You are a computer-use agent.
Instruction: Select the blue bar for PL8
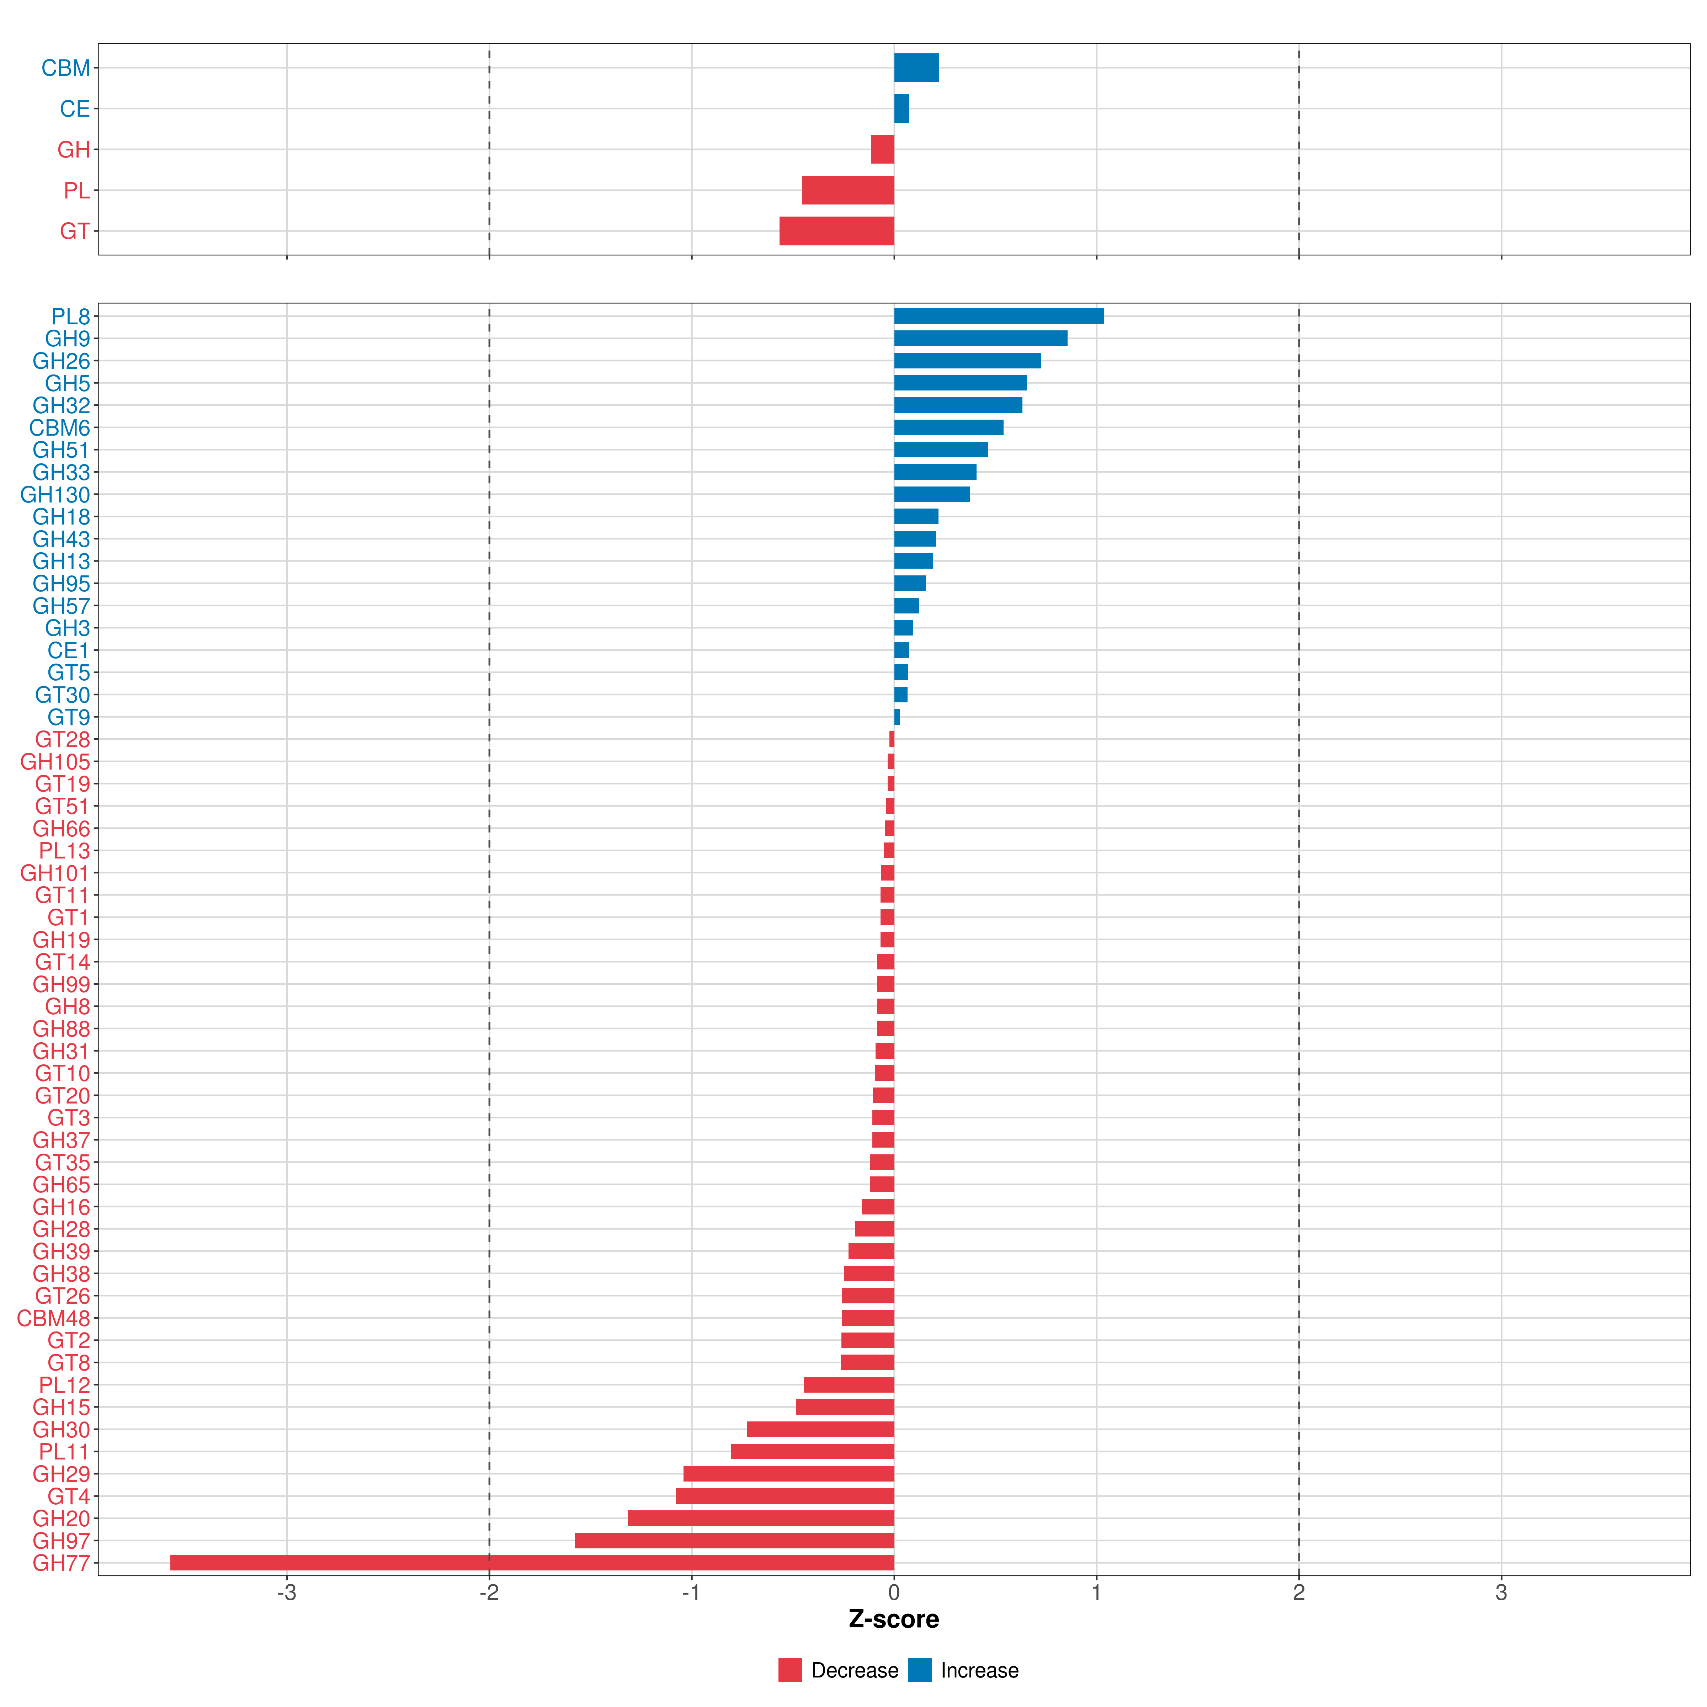[998, 316]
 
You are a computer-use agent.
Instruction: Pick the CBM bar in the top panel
[916, 68]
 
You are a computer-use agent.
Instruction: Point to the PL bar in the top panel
[848, 190]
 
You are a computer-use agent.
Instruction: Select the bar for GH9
[981, 339]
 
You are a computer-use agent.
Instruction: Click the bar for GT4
[785, 1496]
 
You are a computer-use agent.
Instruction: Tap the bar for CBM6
[949, 427]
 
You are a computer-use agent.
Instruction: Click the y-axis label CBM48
[53, 1318]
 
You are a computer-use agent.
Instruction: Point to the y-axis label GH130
[55, 495]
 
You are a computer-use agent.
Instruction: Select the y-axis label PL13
[64, 851]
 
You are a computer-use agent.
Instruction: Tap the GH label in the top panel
[73, 149]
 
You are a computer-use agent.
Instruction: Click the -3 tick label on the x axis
[286, 1593]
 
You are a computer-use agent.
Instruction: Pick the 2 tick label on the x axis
[1299, 1593]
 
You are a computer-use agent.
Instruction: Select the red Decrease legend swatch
[790, 1670]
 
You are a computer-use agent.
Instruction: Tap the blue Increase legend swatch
[920, 1670]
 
